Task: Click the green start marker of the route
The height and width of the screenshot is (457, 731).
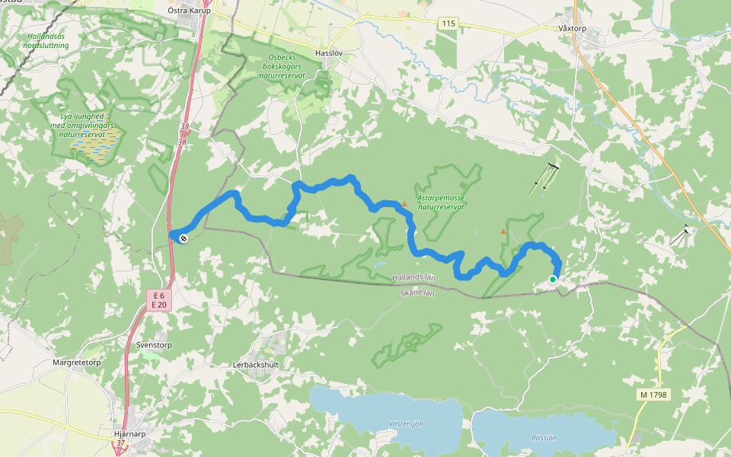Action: click(x=553, y=280)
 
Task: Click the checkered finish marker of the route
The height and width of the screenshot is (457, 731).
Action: click(x=184, y=238)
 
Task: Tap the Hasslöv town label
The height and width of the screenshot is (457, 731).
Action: click(x=330, y=53)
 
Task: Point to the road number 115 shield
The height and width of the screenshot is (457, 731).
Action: click(x=448, y=24)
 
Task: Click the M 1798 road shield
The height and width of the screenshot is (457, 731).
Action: click(x=653, y=395)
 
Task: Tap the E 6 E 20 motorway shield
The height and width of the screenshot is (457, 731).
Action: click(x=158, y=299)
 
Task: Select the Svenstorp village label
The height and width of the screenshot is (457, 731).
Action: click(x=155, y=344)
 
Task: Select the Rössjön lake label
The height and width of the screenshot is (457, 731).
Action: click(x=544, y=438)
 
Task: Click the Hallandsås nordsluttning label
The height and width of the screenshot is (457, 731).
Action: click(x=46, y=41)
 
